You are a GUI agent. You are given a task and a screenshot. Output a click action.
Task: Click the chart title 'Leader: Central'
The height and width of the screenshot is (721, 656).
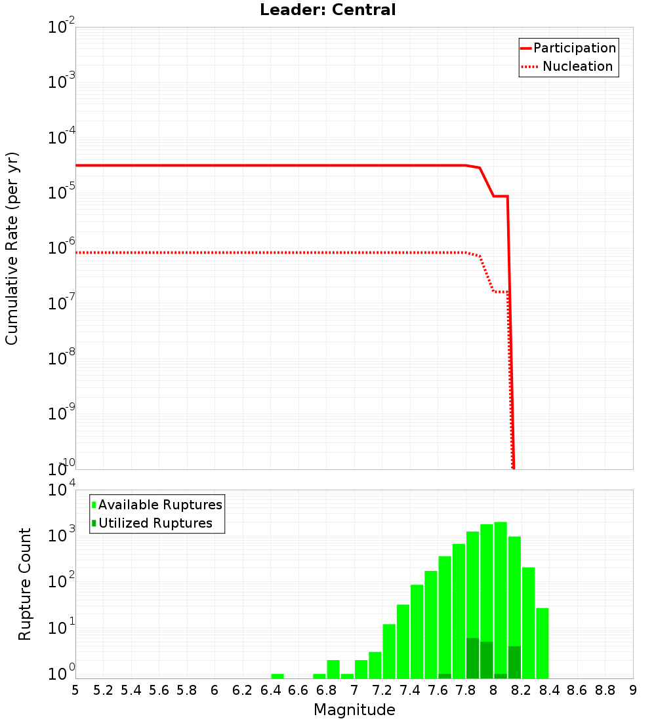[327, 10]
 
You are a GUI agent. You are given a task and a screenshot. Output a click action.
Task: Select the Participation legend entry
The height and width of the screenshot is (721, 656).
[568, 48]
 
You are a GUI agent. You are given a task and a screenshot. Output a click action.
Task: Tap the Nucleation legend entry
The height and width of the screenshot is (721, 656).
[568, 66]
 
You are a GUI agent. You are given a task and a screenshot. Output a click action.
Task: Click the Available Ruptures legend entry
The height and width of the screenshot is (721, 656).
[157, 505]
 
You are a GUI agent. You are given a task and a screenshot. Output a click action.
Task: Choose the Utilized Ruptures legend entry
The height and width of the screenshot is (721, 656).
[152, 523]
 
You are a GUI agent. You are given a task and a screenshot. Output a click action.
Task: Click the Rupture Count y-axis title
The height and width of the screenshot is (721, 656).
[25, 583]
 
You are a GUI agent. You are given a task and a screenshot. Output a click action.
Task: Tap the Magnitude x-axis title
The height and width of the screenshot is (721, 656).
[354, 710]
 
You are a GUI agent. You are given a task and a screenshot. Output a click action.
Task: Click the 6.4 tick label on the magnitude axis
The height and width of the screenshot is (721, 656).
[270, 690]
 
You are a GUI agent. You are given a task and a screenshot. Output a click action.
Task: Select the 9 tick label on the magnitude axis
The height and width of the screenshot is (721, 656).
[632, 690]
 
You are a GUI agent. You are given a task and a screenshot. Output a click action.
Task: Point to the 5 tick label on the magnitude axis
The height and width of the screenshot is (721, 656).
[75, 690]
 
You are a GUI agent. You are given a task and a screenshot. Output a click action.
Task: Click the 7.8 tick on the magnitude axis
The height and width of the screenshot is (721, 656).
[465, 690]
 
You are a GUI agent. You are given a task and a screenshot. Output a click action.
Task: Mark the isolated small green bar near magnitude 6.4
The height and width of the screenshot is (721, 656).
[277, 676]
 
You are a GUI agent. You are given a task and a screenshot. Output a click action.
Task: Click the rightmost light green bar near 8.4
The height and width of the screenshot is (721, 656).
[543, 642]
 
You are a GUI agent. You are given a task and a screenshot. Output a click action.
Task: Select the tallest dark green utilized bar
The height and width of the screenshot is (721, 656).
[472, 658]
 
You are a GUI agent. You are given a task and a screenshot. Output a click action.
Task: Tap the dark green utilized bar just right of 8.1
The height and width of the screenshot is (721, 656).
[514, 662]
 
